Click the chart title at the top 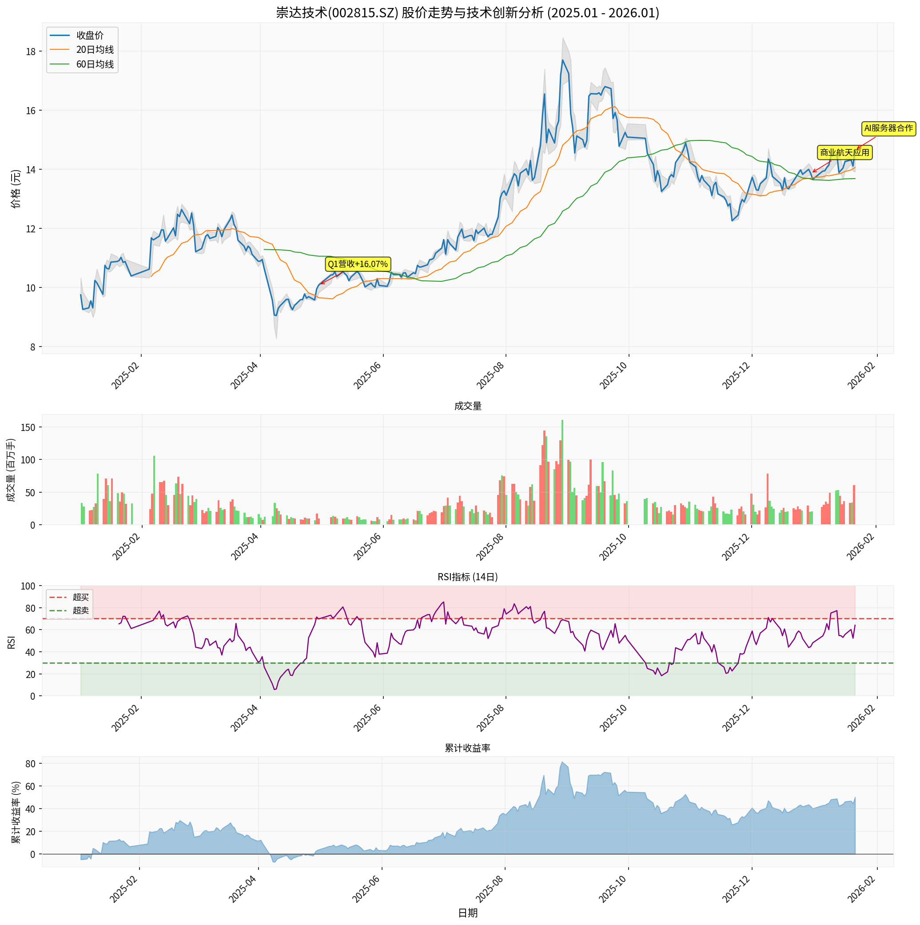tap(467, 12)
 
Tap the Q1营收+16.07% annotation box tap(358, 264)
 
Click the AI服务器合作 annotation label tap(888, 128)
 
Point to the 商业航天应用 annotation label tap(844, 153)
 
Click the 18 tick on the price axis tap(31, 52)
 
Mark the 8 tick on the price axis tap(32, 347)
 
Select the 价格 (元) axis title tap(16, 189)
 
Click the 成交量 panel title tap(467, 406)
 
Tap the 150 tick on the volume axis tap(28, 427)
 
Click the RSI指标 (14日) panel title tap(467, 577)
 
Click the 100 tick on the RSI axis tap(28, 586)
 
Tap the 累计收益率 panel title tap(467, 748)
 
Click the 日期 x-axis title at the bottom tap(467, 913)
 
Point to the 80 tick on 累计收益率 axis tap(30, 764)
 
